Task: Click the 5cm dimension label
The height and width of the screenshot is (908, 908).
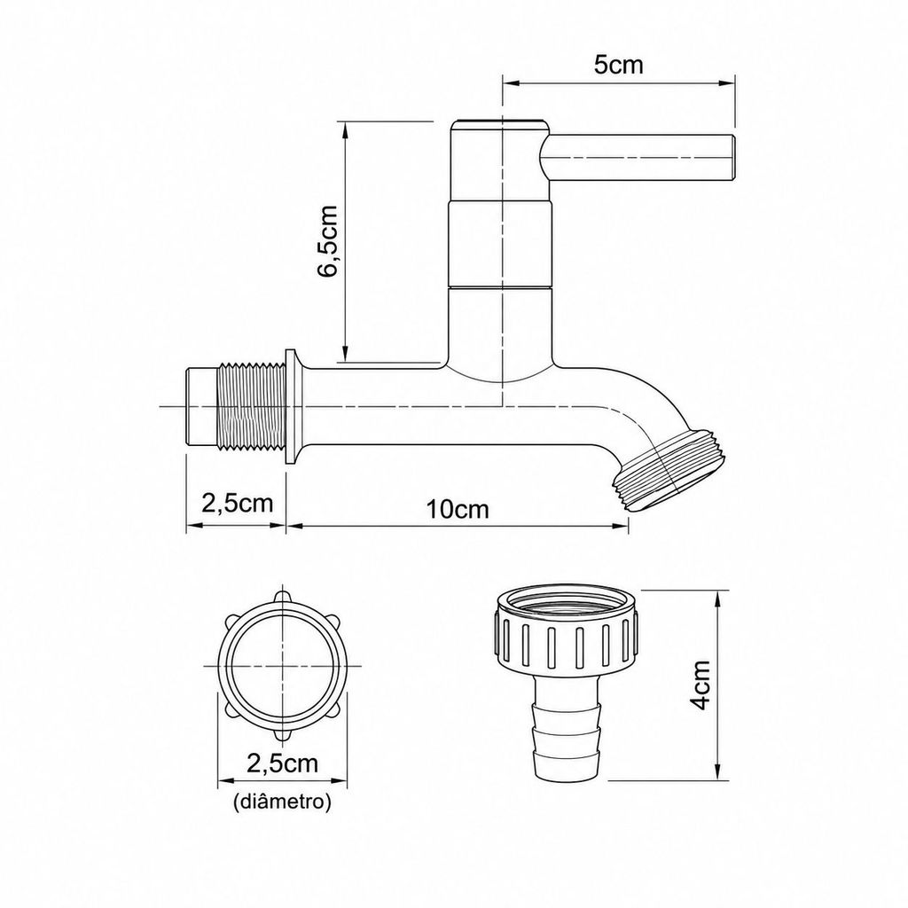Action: (618, 64)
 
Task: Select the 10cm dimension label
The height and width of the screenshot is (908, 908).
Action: (458, 510)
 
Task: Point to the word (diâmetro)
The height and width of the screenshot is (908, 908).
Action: (282, 802)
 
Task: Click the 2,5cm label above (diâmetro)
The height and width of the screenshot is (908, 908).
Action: (283, 763)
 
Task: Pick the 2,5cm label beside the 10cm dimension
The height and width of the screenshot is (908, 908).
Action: (237, 504)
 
